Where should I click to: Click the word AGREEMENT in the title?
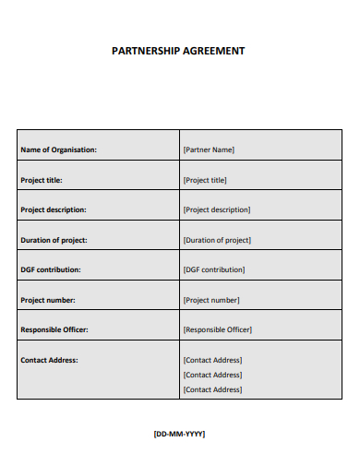point(213,51)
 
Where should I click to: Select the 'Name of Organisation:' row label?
point(58,149)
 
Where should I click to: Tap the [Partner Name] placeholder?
point(209,149)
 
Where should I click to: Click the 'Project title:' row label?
point(42,180)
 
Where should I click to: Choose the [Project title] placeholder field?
point(205,180)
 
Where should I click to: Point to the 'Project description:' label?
point(54,209)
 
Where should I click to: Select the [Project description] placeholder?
point(217,209)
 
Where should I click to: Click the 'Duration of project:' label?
point(54,240)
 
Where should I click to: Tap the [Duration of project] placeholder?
point(217,240)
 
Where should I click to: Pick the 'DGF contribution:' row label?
point(51,269)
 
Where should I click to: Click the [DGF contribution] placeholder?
point(214,269)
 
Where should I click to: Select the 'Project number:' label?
point(48,300)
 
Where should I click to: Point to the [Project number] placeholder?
point(211,300)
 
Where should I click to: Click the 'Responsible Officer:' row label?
point(54,329)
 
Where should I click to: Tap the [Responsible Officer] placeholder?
point(218,329)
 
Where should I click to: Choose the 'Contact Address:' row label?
point(49,360)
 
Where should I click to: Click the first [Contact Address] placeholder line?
point(212,360)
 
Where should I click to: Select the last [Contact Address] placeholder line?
point(212,389)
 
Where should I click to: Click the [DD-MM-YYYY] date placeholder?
point(179,433)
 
